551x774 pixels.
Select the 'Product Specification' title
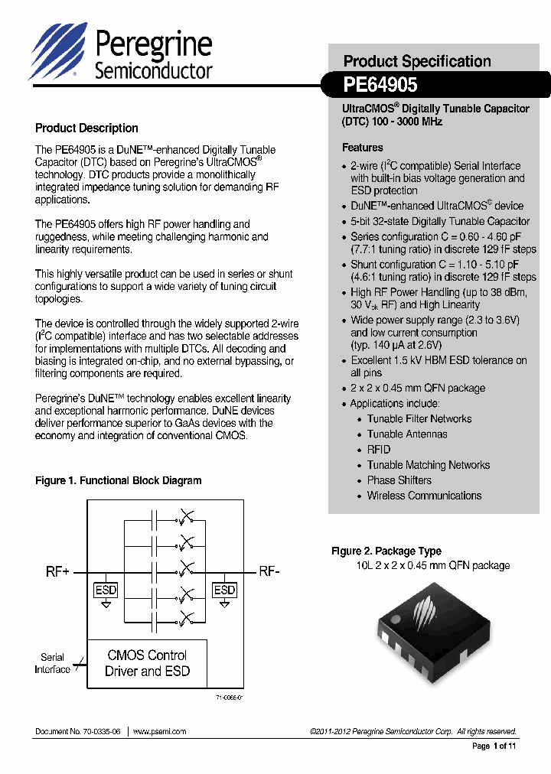pyautogui.click(x=417, y=61)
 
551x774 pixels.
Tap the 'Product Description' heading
pyautogui.click(x=86, y=128)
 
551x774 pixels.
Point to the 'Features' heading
pyautogui.click(x=362, y=148)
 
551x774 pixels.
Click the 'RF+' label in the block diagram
pyautogui.click(x=57, y=572)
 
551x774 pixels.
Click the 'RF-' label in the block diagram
pyautogui.click(x=269, y=572)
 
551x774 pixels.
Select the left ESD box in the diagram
pyautogui.click(x=106, y=590)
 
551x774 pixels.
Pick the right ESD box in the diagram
pyautogui.click(x=224, y=590)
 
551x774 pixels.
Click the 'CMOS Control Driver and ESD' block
pyautogui.click(x=147, y=663)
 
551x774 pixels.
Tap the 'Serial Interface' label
pyautogui.click(x=52, y=663)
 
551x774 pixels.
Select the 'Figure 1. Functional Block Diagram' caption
pyautogui.click(x=119, y=481)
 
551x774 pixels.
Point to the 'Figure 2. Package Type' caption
pyautogui.click(x=386, y=551)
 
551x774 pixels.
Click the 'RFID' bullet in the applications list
pyautogui.click(x=378, y=450)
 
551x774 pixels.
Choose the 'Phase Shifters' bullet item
pyautogui.click(x=399, y=480)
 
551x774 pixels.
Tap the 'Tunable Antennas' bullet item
pyautogui.click(x=406, y=434)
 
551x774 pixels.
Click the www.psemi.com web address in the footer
pyautogui.click(x=159, y=732)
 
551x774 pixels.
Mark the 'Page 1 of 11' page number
pyautogui.click(x=494, y=746)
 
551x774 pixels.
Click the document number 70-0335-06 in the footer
pyautogui.click(x=78, y=732)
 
